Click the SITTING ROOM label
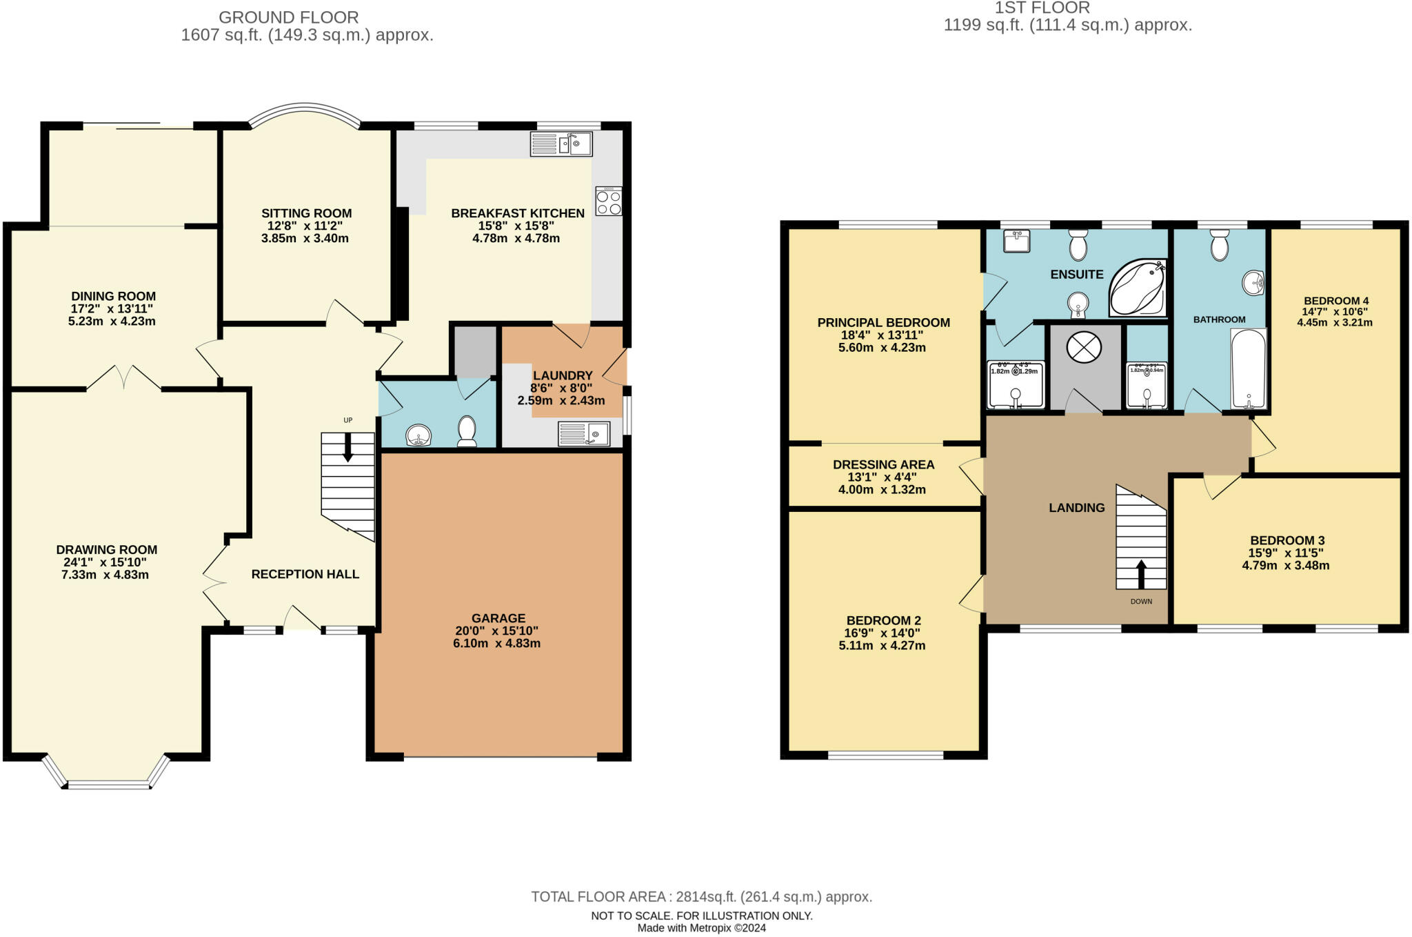[x=306, y=213]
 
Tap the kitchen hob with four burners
[x=609, y=201]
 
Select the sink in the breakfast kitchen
[x=561, y=144]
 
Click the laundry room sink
[x=584, y=433]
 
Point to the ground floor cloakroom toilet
[x=467, y=431]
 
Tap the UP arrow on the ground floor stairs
[x=347, y=447]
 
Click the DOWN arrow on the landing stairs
[x=1141, y=573]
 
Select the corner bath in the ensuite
[x=1137, y=288]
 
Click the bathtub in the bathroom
[x=1249, y=370]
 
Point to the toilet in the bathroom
[x=1219, y=246]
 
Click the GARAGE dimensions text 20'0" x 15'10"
[x=496, y=631]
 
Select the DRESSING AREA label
[x=883, y=464]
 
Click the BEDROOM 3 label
[x=1287, y=540]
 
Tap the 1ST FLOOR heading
[x=1042, y=8]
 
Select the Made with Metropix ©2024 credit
[x=701, y=928]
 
